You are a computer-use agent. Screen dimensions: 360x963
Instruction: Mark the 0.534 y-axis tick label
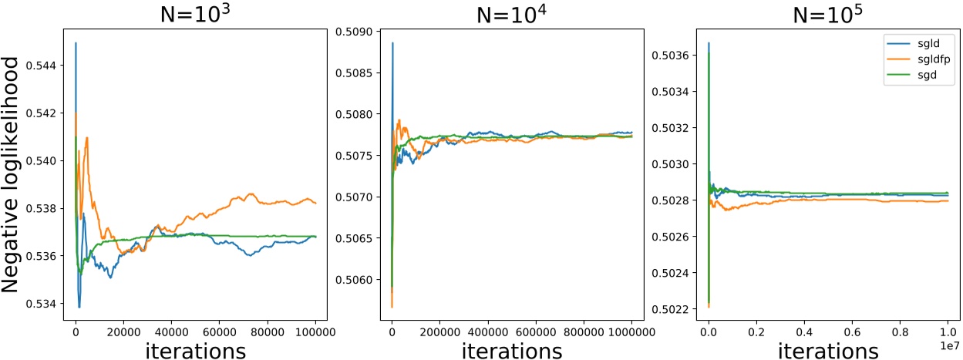point(44,304)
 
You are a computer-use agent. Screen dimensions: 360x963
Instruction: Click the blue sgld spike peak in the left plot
point(76,43)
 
